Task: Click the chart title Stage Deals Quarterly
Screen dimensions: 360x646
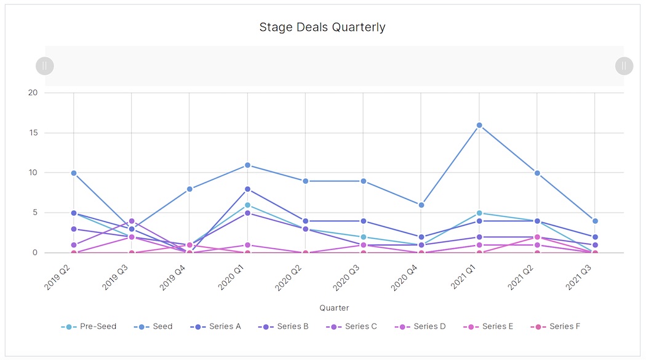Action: pyautogui.click(x=322, y=27)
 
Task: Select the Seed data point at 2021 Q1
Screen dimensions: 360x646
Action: pyautogui.click(x=479, y=125)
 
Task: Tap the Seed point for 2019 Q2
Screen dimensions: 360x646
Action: pyautogui.click(x=74, y=173)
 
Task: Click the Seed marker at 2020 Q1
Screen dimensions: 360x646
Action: pyautogui.click(x=247, y=165)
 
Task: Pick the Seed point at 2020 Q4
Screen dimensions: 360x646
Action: pyautogui.click(x=421, y=205)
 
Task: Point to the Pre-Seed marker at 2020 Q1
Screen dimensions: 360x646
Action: pyautogui.click(x=247, y=205)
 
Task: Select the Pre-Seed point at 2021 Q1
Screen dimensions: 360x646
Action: pyautogui.click(x=479, y=213)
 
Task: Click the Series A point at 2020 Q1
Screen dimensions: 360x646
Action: pyautogui.click(x=247, y=189)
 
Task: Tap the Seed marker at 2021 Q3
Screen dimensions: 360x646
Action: pyautogui.click(x=595, y=221)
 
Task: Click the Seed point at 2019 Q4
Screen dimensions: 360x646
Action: pyautogui.click(x=189, y=189)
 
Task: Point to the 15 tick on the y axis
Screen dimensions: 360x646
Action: pyautogui.click(x=33, y=133)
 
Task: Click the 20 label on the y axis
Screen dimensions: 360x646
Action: pyautogui.click(x=33, y=92)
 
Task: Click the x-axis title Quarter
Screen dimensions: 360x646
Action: pyautogui.click(x=334, y=308)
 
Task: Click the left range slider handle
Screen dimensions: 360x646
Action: pyautogui.click(x=45, y=66)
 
